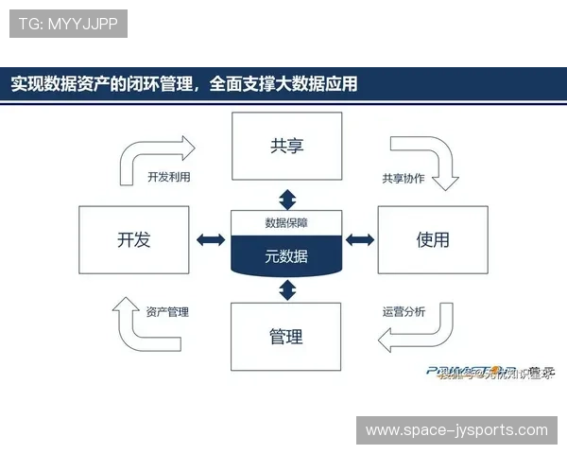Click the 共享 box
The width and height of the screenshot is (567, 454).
pos(286,146)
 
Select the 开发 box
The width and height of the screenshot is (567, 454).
pos(133,240)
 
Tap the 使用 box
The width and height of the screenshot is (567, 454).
pos(433,240)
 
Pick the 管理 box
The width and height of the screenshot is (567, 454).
pos(286,337)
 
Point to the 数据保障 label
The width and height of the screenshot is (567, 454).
pos(286,223)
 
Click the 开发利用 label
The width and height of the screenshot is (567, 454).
pos(175,177)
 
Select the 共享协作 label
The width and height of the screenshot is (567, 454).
pos(403,178)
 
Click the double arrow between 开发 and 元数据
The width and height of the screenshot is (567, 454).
pos(210,240)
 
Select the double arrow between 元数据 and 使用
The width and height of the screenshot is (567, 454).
pos(360,240)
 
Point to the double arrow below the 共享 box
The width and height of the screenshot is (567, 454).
pos(286,199)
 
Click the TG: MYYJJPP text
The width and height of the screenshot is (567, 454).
pos(68,24)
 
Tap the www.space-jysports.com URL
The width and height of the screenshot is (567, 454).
pos(456,430)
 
